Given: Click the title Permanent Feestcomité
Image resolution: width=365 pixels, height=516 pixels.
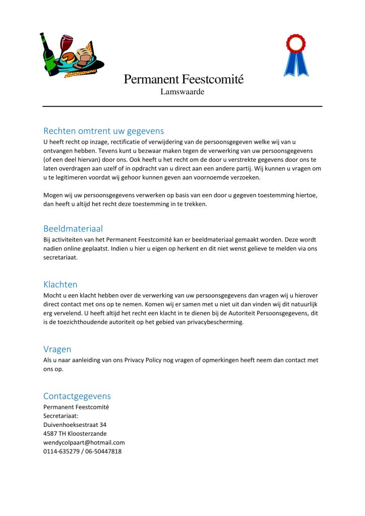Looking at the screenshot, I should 184,79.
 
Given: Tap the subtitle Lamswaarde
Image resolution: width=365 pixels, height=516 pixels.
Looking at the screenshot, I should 182,92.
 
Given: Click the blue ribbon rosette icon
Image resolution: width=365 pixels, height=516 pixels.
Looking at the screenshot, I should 296,54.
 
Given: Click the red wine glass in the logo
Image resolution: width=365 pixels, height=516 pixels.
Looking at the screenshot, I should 66,44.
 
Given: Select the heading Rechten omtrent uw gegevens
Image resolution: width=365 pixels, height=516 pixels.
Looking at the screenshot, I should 103,132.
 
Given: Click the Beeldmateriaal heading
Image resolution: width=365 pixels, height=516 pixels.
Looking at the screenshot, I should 73,229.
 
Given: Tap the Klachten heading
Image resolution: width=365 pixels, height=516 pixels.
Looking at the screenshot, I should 60,284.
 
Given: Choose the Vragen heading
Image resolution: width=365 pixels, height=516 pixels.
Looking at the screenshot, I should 57,349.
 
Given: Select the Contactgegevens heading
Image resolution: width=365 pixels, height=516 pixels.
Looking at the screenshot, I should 77,396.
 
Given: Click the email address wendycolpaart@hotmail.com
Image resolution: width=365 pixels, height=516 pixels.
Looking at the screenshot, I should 84,442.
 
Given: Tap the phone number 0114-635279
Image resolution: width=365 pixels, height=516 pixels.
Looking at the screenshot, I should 61,451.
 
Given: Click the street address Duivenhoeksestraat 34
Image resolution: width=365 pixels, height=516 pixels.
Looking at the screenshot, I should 75,425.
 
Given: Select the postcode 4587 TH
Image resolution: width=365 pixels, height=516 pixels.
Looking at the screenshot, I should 53,433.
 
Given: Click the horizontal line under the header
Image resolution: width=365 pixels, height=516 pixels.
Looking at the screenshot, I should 182,106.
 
